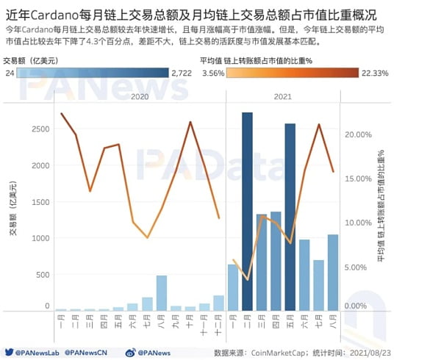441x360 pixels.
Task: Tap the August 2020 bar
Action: [x=162, y=293]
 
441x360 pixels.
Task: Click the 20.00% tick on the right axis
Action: [x=356, y=134]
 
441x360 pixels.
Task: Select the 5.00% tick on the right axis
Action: [x=356, y=267]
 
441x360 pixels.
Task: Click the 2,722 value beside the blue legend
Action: [x=181, y=73]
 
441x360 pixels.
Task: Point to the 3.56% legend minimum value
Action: [x=212, y=73]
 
